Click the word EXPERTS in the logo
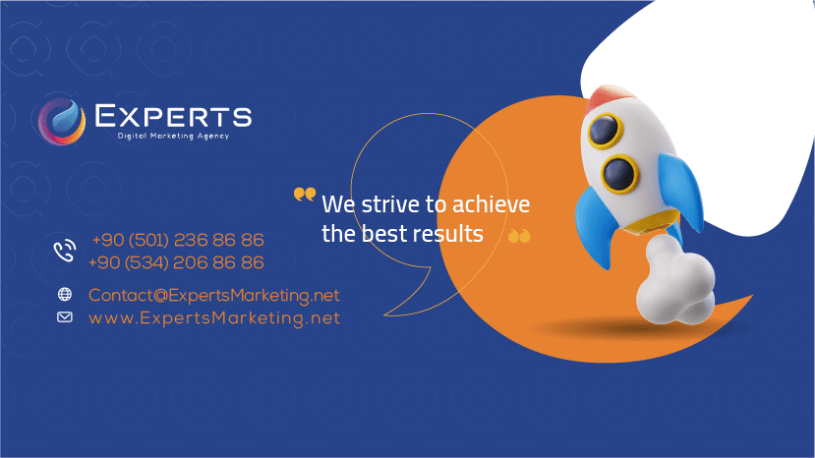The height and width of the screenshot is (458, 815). coord(173,117)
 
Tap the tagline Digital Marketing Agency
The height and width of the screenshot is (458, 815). coord(173,137)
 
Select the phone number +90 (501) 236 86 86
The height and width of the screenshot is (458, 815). coord(178,240)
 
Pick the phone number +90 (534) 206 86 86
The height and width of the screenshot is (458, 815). coord(176,262)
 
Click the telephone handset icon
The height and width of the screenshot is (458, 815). coord(65,252)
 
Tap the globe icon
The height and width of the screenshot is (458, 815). coord(65,294)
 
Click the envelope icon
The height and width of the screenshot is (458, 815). coord(65,316)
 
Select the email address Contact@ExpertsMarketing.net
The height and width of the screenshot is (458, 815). coord(213,295)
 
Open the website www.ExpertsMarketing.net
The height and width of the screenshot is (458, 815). coord(213,317)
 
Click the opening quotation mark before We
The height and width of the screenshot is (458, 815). coord(305,195)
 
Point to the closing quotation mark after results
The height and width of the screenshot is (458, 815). coord(519,236)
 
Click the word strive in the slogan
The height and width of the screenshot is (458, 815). coord(385,205)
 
